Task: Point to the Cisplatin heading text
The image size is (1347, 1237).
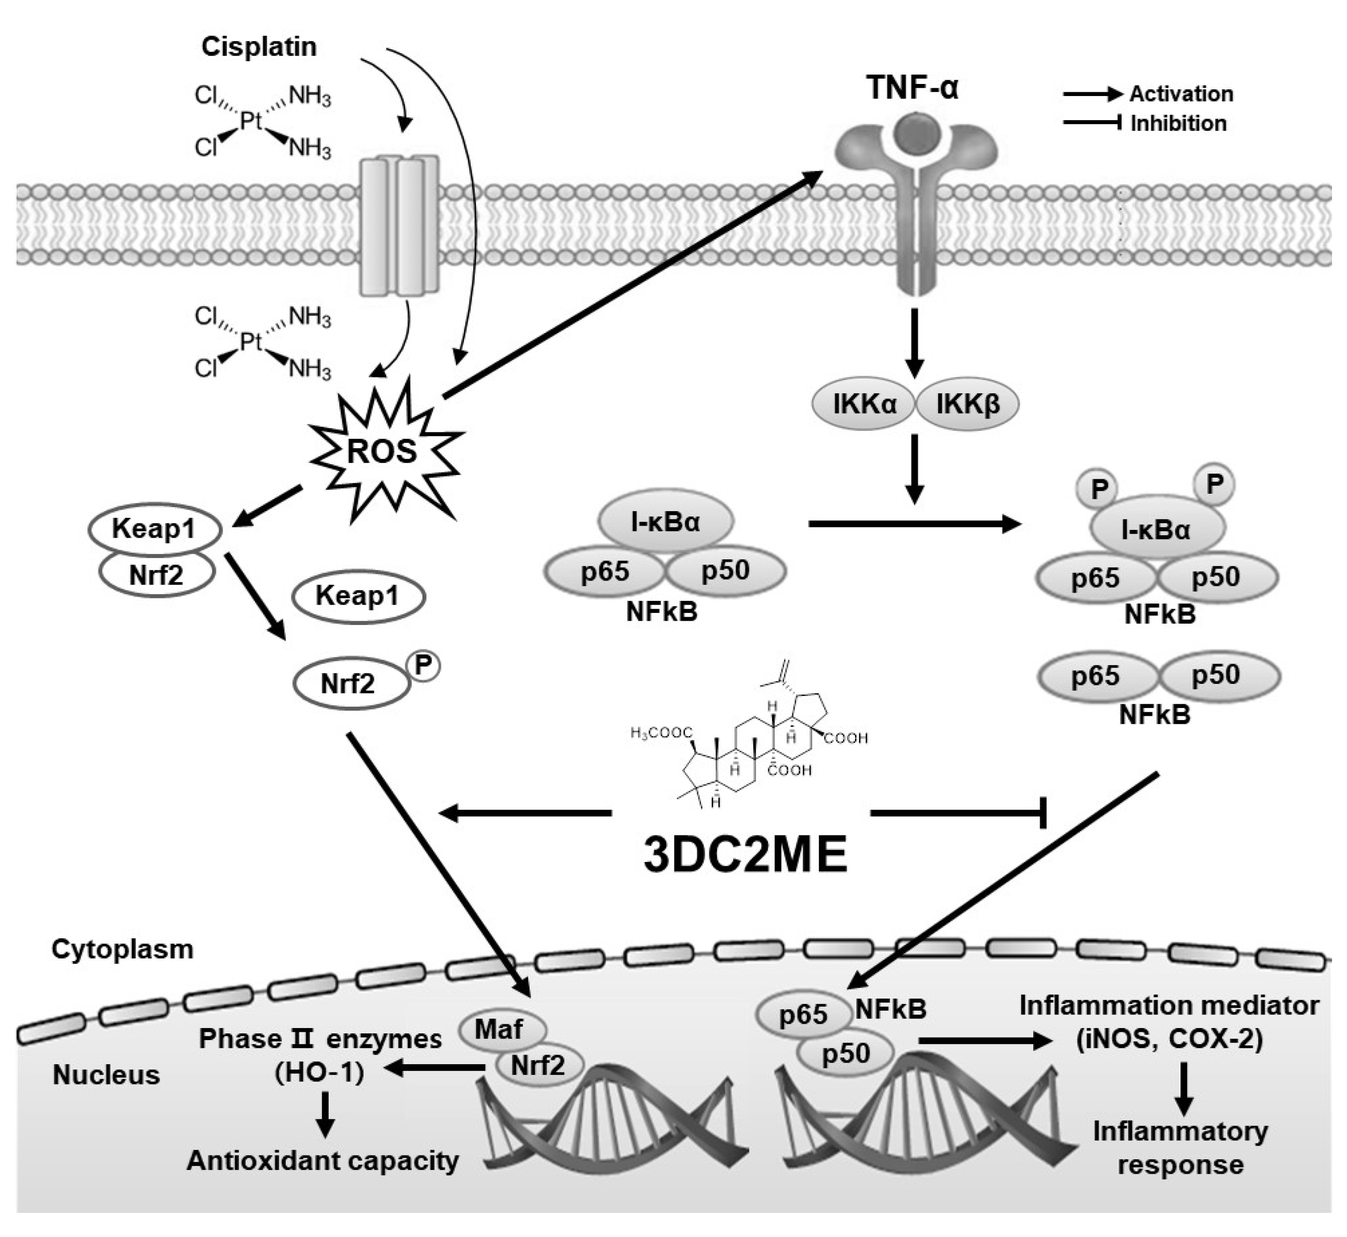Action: (x=259, y=47)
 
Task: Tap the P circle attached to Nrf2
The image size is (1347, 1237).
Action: (x=422, y=665)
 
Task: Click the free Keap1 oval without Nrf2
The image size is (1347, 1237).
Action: (x=358, y=595)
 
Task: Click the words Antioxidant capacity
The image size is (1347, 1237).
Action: (x=323, y=1160)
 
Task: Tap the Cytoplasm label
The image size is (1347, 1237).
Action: (x=123, y=949)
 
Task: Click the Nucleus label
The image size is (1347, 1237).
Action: (x=106, y=1075)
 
